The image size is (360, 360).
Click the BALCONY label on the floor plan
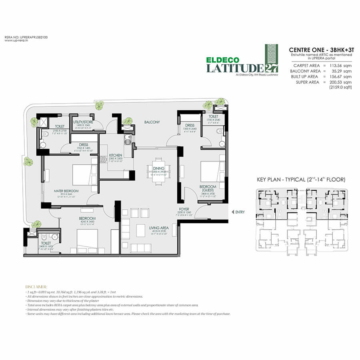pos(152,122)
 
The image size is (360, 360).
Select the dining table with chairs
pos(158,174)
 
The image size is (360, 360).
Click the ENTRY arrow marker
pos(233,212)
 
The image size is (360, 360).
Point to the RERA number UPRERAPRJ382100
pos(21,37)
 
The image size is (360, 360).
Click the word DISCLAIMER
pos(36,286)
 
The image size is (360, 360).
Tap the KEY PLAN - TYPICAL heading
pos(301,180)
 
